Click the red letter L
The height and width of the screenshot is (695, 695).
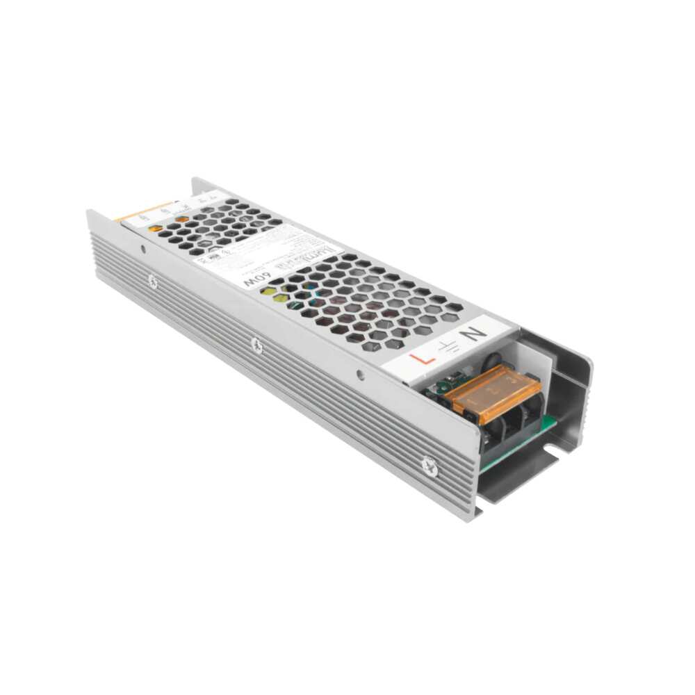click(423, 359)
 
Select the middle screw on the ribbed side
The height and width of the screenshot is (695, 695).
click(257, 345)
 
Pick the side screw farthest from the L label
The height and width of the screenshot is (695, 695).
click(152, 281)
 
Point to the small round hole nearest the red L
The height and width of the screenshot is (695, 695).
click(359, 374)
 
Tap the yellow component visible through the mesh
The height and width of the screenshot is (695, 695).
click(279, 297)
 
